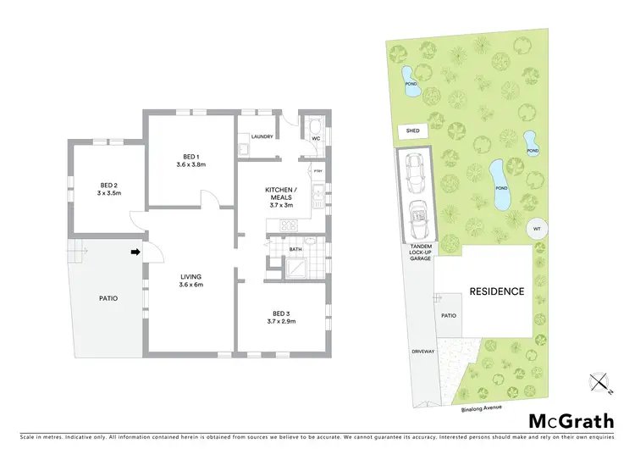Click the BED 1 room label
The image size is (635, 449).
[191, 160]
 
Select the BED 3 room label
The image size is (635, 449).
[282, 317]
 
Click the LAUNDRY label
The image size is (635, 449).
[262, 135]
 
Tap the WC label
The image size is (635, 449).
[315, 137]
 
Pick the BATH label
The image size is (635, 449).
[295, 249]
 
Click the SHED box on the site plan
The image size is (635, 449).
[413, 131]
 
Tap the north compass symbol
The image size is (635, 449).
[600, 384]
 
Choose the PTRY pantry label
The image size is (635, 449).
[318, 173]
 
